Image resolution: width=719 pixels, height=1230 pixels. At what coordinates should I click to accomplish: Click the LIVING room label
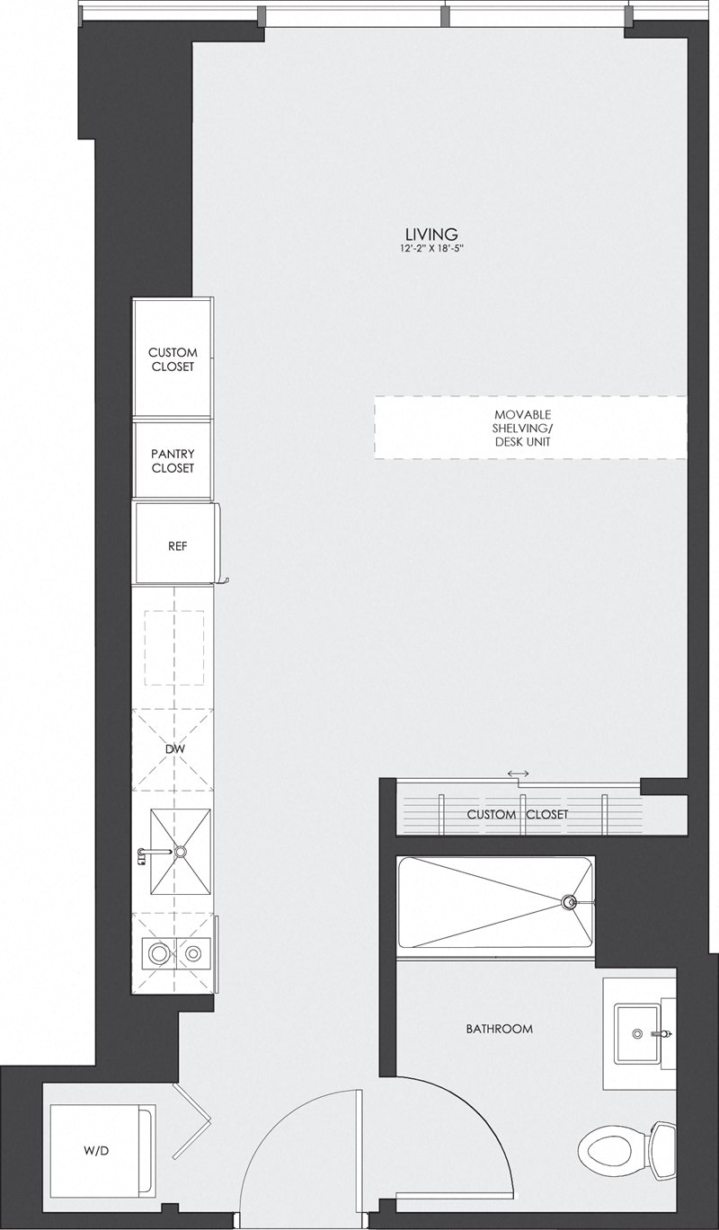(x=431, y=234)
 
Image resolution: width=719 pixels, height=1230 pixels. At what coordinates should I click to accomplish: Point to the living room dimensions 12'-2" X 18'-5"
(x=432, y=249)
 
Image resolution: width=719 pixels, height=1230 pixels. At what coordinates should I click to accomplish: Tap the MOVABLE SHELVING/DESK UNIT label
(x=522, y=428)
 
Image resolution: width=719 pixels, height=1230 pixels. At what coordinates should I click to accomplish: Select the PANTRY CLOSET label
(x=173, y=461)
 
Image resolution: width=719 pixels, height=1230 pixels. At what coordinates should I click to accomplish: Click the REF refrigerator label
(x=177, y=546)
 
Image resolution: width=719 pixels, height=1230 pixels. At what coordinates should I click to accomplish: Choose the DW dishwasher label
(x=174, y=749)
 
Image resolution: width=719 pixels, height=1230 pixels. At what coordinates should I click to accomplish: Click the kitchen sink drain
(x=180, y=852)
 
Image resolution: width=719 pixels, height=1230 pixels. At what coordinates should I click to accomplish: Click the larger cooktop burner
(x=159, y=954)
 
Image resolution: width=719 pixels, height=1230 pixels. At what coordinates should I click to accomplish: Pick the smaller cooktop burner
(x=193, y=954)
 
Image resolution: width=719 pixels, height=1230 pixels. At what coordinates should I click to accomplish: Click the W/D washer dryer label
(x=96, y=1135)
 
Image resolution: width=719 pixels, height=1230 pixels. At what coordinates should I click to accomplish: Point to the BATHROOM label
(x=500, y=1029)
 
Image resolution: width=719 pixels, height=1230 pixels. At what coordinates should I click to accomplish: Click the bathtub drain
(x=570, y=901)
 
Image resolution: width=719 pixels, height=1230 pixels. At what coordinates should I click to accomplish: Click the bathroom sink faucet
(x=662, y=1033)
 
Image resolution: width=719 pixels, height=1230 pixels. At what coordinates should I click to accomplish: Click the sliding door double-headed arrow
(x=519, y=774)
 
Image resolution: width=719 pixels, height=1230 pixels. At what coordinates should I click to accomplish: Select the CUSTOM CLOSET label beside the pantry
(x=173, y=359)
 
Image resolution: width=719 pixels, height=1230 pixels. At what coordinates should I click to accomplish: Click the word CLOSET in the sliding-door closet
(x=547, y=814)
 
